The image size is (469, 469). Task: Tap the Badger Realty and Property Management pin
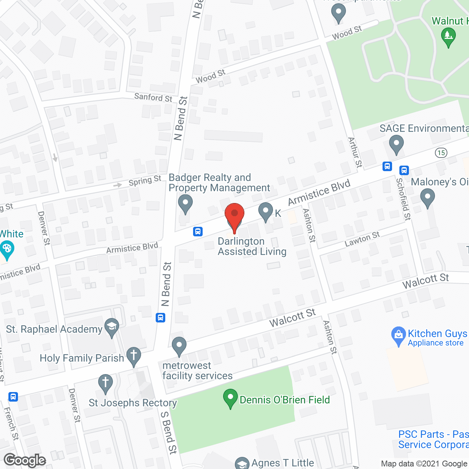point(185,204)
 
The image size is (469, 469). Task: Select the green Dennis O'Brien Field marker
point(230,398)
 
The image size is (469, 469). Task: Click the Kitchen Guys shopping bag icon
point(398,336)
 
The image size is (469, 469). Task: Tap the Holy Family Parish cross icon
point(134,356)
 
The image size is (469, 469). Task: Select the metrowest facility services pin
point(179,346)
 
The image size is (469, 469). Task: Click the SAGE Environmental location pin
point(396,144)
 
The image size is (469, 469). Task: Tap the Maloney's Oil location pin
point(427,197)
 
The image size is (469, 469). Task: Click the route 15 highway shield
point(441,153)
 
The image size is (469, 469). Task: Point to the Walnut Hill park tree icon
point(448,37)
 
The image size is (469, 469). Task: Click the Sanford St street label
point(153,97)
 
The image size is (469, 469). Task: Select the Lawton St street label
point(362,239)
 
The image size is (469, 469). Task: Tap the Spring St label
point(145,181)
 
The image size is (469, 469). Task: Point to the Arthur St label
point(355,152)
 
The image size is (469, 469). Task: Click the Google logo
point(25,460)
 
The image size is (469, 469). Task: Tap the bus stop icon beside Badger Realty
point(198,232)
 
